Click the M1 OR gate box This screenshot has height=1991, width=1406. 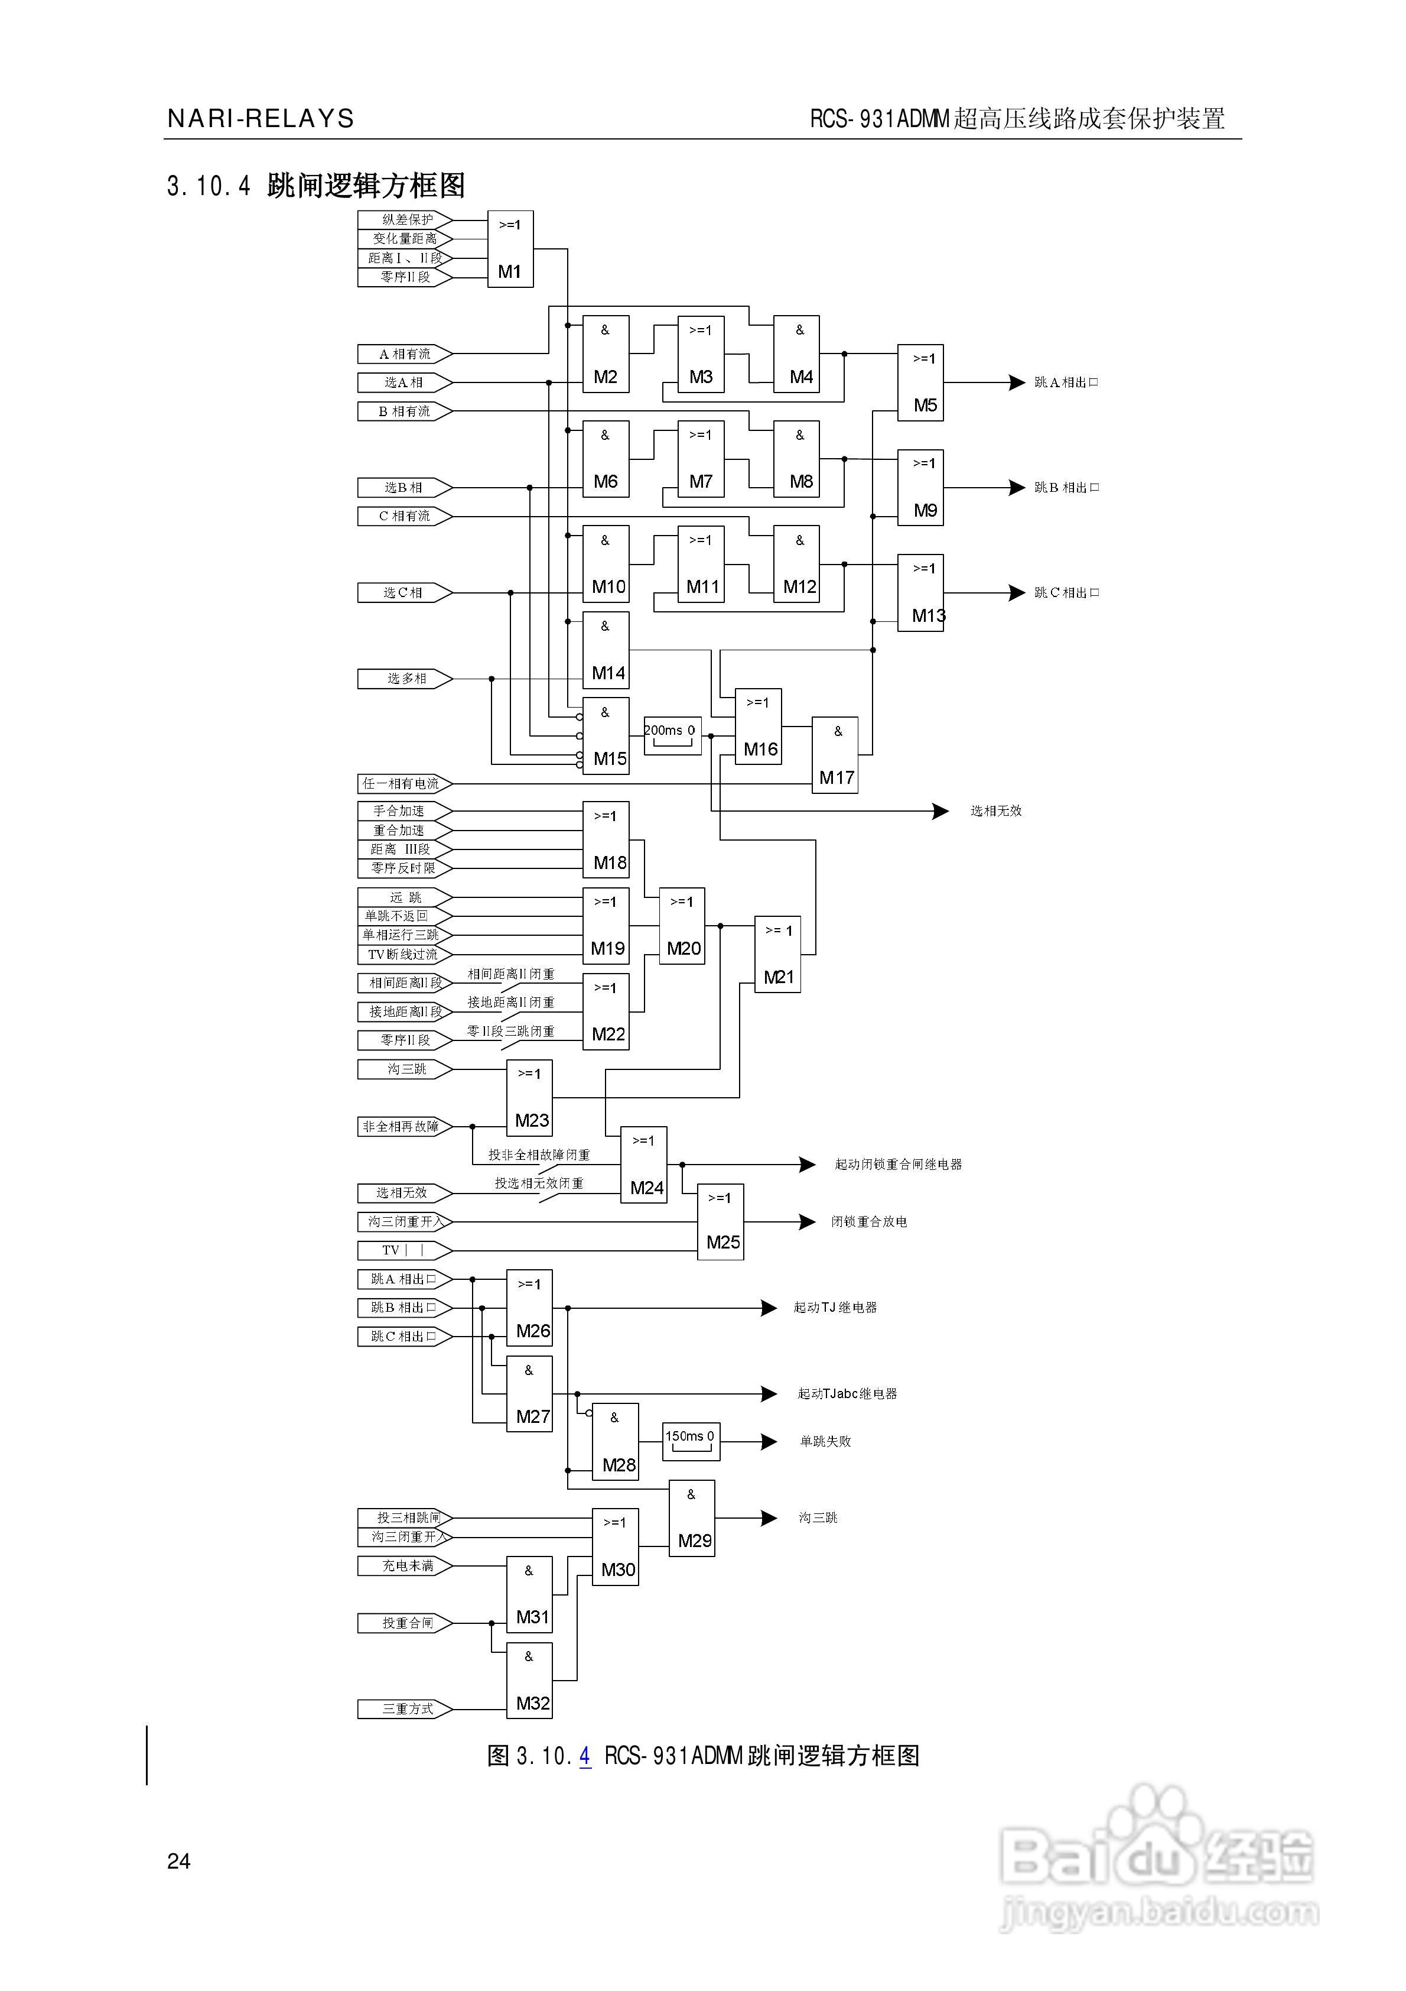(510, 249)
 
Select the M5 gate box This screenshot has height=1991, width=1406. (920, 382)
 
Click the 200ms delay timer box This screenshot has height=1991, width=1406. (672, 734)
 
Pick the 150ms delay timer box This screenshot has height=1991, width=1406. (691, 1441)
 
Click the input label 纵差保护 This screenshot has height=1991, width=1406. (405, 219)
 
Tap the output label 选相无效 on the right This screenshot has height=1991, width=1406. (996, 811)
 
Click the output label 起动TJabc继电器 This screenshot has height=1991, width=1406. (847, 1393)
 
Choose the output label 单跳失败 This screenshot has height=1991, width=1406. (825, 1441)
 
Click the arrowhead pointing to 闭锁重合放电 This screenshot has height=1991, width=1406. (807, 1222)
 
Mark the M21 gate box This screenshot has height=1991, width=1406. (777, 954)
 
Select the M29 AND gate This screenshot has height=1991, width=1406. (692, 1519)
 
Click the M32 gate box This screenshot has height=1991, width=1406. (530, 1681)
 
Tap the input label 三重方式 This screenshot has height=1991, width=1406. (405, 1709)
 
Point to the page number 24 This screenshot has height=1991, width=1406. (178, 1861)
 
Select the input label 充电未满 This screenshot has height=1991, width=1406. (405, 1566)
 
